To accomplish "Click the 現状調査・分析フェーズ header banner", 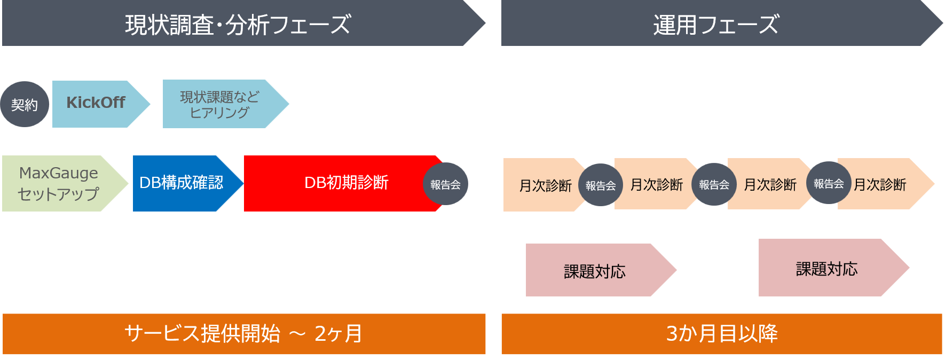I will tap(238, 24).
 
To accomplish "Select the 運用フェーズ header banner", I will tap(715, 24).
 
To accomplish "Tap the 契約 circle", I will tap(25, 104).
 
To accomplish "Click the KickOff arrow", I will tap(96, 104).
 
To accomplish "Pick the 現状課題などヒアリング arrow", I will tap(219, 104).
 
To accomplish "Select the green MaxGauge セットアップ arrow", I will tap(59, 183).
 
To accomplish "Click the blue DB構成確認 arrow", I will tap(182, 183).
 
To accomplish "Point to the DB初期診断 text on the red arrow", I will tap(346, 183).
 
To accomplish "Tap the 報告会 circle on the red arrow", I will tap(445, 184).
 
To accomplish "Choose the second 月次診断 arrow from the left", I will tap(657, 184).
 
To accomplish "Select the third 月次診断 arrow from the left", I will tap(770, 184).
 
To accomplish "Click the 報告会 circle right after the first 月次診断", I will tap(601, 185).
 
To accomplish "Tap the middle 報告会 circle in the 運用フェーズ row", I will tap(714, 185).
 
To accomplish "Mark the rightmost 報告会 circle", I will tap(829, 183).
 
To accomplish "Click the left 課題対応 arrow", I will tap(595, 271).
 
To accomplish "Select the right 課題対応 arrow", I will tap(827, 268).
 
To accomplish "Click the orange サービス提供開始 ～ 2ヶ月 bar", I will tap(243, 334).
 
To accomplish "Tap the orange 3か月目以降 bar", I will tap(721, 334).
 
